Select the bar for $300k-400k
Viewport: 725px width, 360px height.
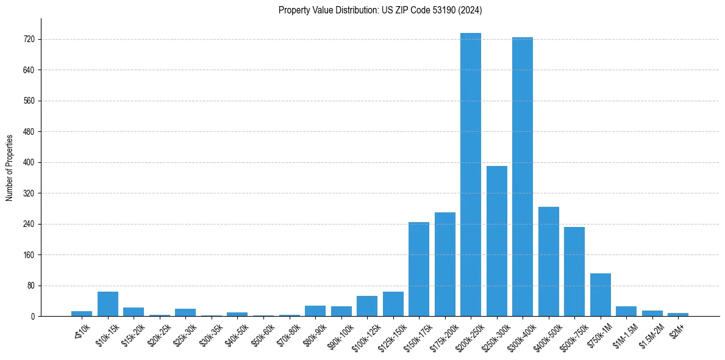click(x=523, y=177)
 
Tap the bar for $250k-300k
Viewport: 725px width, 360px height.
click(x=496, y=241)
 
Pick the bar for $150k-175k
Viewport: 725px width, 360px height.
click(x=419, y=269)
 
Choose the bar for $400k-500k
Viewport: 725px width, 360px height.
click(x=549, y=261)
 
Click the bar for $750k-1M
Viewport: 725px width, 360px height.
click(x=601, y=295)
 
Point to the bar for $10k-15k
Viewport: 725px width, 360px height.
click(x=108, y=304)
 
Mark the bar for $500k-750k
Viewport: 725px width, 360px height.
click(x=574, y=272)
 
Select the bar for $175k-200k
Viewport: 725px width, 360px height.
click(x=445, y=264)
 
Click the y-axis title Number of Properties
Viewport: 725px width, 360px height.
click(x=10, y=167)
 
